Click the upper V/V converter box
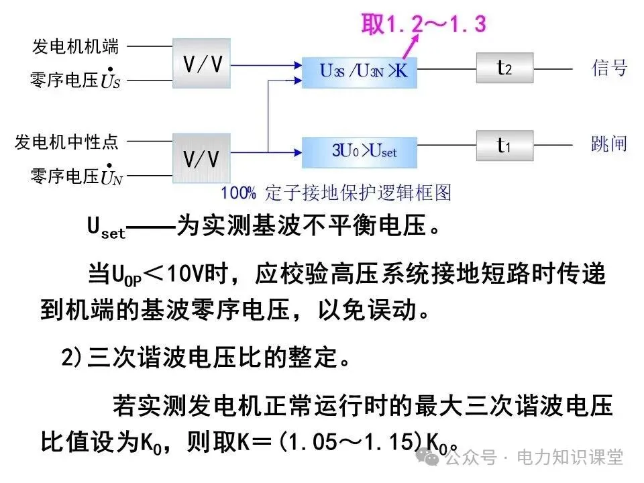[x=202, y=63]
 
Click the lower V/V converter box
[x=202, y=158]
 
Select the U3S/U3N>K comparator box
[x=360, y=70]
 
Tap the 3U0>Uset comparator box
[x=360, y=152]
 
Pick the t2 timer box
[x=504, y=68]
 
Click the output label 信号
[x=609, y=68]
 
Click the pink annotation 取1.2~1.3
[x=423, y=24]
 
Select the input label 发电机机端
[x=75, y=46]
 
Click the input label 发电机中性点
[x=66, y=142]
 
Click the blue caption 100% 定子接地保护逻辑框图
[x=336, y=194]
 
